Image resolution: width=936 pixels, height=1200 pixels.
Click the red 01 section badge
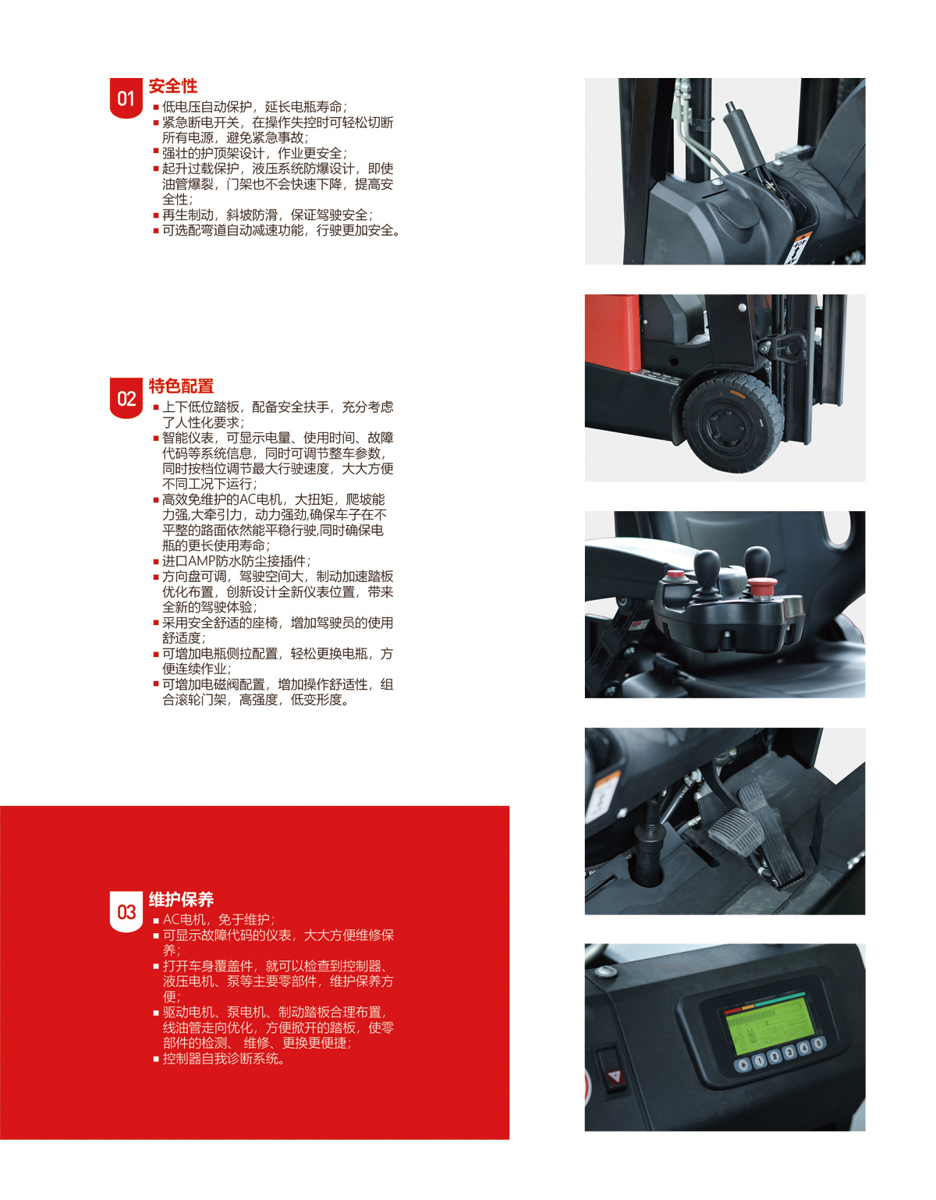[x=126, y=98]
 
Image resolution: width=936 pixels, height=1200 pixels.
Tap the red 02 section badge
[x=126, y=398]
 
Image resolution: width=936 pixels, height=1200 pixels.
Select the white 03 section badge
[x=126, y=912]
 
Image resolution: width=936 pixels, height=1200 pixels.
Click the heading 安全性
[x=172, y=86]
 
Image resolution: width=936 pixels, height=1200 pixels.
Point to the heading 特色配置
[x=181, y=386]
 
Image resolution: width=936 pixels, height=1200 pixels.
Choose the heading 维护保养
[x=181, y=900]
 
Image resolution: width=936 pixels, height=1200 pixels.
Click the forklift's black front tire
[x=733, y=422]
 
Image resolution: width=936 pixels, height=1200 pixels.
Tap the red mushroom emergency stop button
[x=762, y=585]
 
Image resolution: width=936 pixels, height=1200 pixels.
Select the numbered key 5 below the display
[x=819, y=1042]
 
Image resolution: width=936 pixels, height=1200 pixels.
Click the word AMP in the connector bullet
[x=204, y=561]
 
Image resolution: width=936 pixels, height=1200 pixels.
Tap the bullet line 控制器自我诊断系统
[x=224, y=1058]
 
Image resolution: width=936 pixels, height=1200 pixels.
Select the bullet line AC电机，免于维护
[x=218, y=919]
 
